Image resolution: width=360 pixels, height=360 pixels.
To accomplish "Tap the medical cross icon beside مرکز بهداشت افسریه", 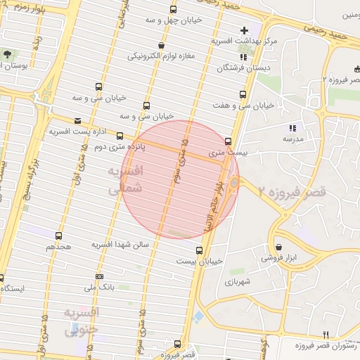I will [244, 30].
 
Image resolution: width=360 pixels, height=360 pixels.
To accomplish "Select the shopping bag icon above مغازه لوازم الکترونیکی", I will [162, 46].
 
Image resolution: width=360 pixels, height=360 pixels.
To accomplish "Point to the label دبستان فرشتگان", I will [242, 68].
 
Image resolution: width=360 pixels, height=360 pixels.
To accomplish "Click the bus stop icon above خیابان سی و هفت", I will [243, 94].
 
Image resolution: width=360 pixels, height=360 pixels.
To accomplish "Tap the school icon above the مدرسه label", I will [292, 128].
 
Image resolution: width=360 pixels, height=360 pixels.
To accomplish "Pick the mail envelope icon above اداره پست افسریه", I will [77, 120].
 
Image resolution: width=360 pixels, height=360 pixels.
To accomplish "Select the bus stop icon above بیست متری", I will [228, 141].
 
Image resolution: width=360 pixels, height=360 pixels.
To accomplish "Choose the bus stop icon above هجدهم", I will [58, 236].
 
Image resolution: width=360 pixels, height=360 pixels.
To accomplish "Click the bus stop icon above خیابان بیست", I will [200, 250].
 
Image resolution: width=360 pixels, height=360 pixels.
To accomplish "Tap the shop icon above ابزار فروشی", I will [280, 247].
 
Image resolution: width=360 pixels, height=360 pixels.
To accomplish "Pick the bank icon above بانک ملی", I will [99, 276].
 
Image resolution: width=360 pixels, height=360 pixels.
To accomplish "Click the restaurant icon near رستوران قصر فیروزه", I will [325, 335].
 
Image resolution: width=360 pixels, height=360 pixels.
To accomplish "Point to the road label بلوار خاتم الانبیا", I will [217, 194].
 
